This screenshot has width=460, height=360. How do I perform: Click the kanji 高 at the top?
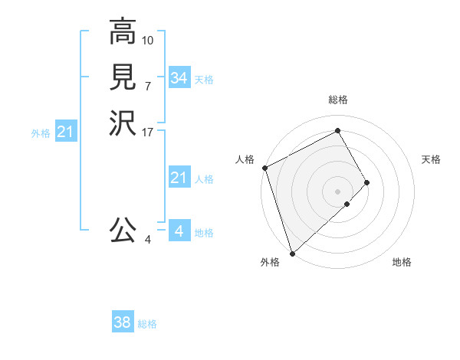(122, 32)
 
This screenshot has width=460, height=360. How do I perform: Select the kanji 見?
(122, 77)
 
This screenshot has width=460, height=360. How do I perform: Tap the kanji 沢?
(122, 122)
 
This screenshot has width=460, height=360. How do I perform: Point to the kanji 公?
(122, 230)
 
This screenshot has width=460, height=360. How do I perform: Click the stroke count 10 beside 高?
(148, 40)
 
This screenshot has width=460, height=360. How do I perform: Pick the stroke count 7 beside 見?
(147, 85)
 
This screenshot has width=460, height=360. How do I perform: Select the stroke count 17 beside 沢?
(148, 131)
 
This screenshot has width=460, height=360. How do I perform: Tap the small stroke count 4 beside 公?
(147, 240)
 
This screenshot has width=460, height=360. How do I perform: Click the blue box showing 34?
(179, 78)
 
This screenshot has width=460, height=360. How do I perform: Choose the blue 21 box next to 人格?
(179, 178)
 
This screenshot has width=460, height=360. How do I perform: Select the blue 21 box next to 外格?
(65, 133)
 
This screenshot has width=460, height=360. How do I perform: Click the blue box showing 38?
(123, 323)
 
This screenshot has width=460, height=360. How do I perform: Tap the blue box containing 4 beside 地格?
(179, 231)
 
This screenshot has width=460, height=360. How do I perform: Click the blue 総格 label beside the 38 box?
(147, 324)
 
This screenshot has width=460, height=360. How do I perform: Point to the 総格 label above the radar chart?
(338, 100)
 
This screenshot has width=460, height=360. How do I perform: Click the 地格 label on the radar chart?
(402, 262)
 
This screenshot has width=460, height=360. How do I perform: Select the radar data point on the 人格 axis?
(264, 168)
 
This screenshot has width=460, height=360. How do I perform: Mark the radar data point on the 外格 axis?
(291, 252)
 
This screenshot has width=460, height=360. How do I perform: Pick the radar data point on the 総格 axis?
(338, 131)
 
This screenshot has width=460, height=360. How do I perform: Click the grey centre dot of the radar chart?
(337, 191)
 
